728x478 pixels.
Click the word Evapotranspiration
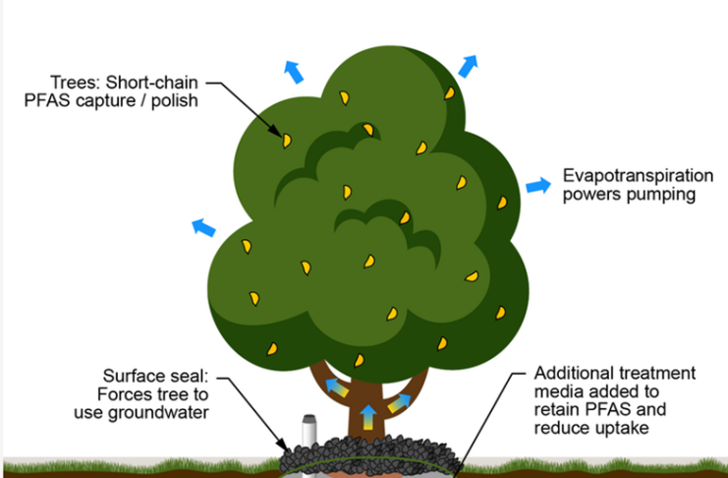[x=638, y=177]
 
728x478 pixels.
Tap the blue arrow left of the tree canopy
[x=202, y=228]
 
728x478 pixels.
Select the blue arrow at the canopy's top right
[x=468, y=66]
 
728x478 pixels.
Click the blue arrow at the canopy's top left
[x=292, y=70]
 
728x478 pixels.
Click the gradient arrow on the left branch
[x=337, y=387]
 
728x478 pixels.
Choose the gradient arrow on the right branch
[x=400, y=401]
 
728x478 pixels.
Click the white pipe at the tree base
[x=307, y=430]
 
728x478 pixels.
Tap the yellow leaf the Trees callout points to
[x=287, y=141]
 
